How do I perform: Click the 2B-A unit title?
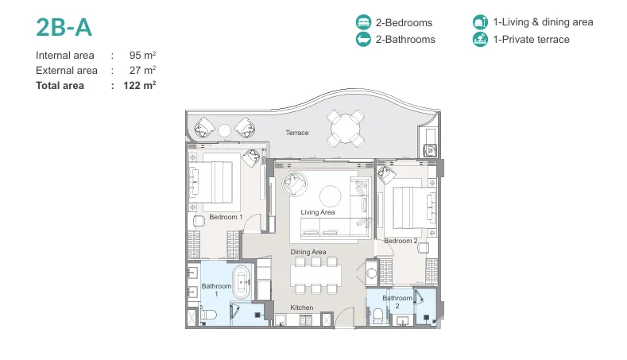[x=64, y=28]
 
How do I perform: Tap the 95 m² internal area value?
[x=142, y=55]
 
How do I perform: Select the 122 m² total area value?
[x=140, y=85]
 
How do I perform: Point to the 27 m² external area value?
[x=142, y=70]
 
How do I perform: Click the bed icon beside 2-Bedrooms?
[x=363, y=22]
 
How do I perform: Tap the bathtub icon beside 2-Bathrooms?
[x=363, y=39]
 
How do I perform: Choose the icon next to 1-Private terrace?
[x=480, y=39]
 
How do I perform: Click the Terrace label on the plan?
[x=297, y=133]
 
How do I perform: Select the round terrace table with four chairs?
[x=345, y=129]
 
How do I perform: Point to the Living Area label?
[x=318, y=212]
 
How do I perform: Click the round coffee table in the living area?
[x=331, y=196]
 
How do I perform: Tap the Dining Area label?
[x=308, y=252]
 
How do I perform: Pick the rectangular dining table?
[x=316, y=274]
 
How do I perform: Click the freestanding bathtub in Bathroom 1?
[x=242, y=282]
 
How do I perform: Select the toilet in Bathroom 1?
[x=208, y=315]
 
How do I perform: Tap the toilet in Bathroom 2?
[x=378, y=316]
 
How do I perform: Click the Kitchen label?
[x=301, y=308]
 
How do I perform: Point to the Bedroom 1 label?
[x=226, y=217]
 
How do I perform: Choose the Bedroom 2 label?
[x=401, y=241]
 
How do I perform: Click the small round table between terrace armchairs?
[x=224, y=130]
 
